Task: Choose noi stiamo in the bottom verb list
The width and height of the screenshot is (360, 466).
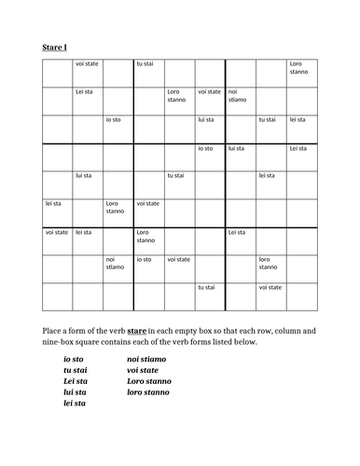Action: (x=146, y=359)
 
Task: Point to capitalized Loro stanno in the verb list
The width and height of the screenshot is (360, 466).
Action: (x=149, y=381)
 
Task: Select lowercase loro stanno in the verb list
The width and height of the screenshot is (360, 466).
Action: (x=148, y=392)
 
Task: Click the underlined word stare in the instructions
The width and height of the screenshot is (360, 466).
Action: (x=135, y=330)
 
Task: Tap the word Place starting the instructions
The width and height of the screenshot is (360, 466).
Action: (x=53, y=330)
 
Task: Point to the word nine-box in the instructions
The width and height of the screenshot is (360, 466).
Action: (x=61, y=342)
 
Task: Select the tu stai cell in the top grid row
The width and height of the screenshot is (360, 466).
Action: (x=146, y=63)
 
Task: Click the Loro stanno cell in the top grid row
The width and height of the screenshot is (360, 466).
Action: (x=300, y=68)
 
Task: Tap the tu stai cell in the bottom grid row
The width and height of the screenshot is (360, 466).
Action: (x=207, y=288)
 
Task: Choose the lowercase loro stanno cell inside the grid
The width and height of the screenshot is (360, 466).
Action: (x=270, y=264)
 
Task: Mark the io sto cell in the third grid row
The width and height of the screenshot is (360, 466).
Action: (x=116, y=119)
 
